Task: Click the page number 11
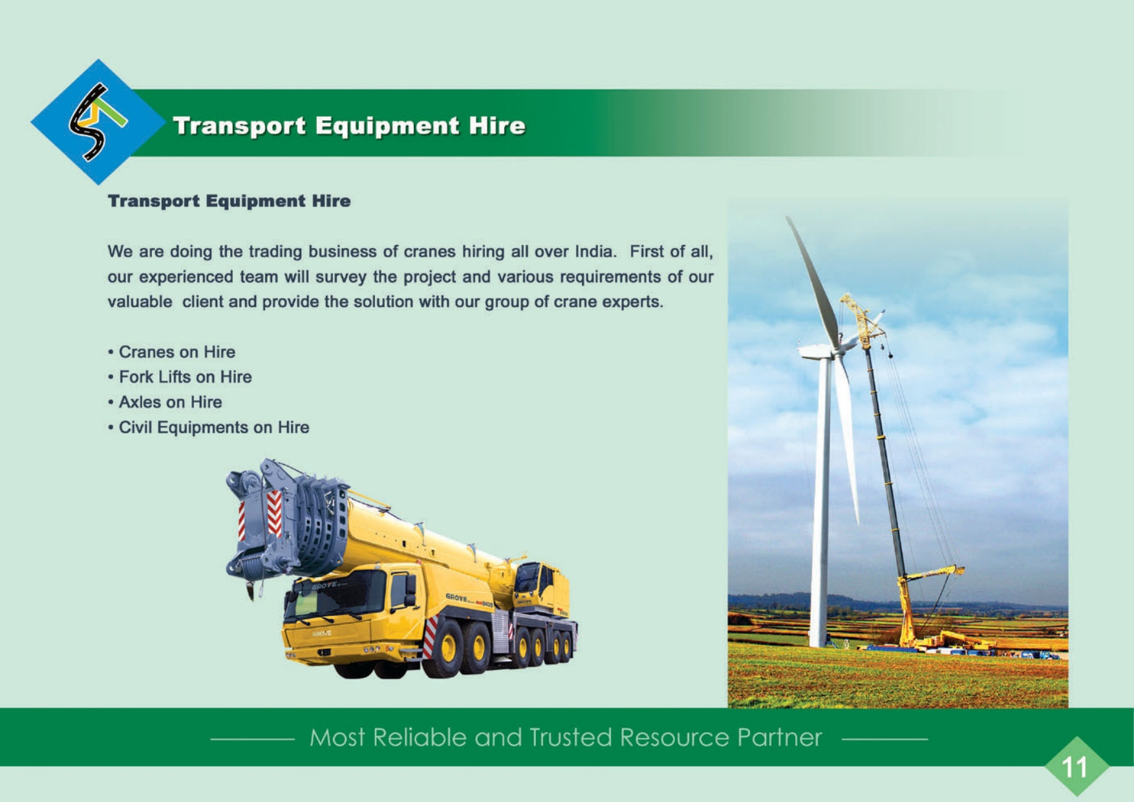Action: pos(1075,767)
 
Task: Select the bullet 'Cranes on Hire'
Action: pos(172,352)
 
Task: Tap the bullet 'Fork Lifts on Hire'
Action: pos(180,377)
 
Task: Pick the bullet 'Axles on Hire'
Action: pos(165,403)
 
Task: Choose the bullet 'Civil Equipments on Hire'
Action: pos(208,428)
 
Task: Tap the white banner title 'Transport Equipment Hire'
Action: pos(349,125)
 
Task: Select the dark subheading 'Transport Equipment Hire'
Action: pos(230,201)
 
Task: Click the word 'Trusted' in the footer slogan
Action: pos(570,737)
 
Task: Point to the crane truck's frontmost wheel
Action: pos(448,648)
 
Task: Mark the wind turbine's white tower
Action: pos(820,504)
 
